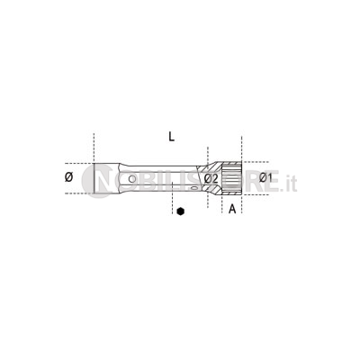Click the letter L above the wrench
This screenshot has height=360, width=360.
pos(171,137)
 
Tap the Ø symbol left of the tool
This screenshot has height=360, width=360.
pos(68,177)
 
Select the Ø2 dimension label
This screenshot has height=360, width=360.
pos(211,179)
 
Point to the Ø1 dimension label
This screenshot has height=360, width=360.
pos(265,178)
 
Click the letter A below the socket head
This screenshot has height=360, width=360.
pos(232,209)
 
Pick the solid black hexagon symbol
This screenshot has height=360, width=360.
pos(180,211)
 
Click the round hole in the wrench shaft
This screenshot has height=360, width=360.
pos(131,179)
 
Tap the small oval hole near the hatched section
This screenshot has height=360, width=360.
pos(194,188)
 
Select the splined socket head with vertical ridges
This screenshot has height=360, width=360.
pos(231,179)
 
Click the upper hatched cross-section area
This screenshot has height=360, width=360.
pos(210,166)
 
